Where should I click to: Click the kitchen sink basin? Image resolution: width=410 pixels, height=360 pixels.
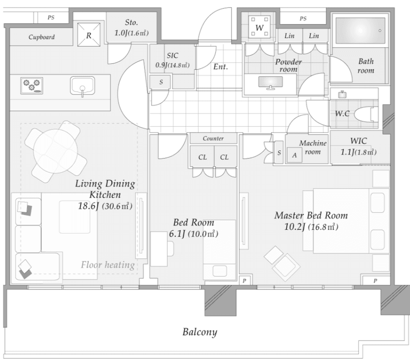point(82,86)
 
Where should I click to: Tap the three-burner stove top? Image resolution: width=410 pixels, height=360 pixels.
point(32,86)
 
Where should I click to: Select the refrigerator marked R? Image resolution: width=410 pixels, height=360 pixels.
point(89,35)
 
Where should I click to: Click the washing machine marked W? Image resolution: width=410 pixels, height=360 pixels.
point(259,27)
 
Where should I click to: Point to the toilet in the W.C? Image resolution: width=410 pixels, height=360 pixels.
point(366,114)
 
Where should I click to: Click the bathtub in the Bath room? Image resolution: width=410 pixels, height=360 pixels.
point(360,31)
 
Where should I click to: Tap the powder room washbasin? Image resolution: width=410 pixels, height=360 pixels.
point(270,82)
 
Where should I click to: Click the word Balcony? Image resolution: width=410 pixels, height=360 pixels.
point(200,332)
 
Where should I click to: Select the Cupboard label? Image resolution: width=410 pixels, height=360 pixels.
point(42,37)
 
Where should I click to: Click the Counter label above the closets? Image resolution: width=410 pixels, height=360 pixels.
point(213,139)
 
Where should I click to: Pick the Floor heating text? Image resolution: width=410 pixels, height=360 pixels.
point(108,265)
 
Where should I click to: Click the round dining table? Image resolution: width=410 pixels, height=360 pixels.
point(55,151)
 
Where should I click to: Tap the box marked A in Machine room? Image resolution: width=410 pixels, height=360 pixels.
point(295,155)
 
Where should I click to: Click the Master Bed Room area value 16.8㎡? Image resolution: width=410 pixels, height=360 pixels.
point(323,227)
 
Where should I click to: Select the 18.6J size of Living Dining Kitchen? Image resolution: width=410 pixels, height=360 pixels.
point(88,206)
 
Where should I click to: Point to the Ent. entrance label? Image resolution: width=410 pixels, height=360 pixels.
point(220,67)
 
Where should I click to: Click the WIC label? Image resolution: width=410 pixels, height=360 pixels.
point(359,141)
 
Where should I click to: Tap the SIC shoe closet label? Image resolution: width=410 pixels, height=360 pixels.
point(173,55)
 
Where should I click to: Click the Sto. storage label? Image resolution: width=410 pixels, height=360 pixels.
point(131,22)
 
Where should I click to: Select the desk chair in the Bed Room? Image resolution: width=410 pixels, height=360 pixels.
point(170,249)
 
